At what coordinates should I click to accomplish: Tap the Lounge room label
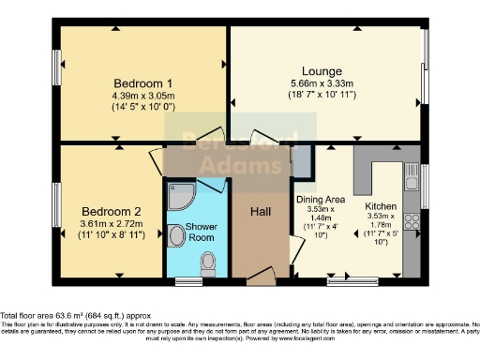(322, 70)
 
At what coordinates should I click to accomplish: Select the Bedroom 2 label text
(110, 211)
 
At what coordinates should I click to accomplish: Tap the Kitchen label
(381, 205)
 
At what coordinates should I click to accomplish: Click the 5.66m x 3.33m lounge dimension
(322, 83)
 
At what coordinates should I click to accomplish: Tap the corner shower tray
(178, 194)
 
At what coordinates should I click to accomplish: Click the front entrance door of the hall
(262, 277)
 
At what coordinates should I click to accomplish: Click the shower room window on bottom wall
(189, 280)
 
